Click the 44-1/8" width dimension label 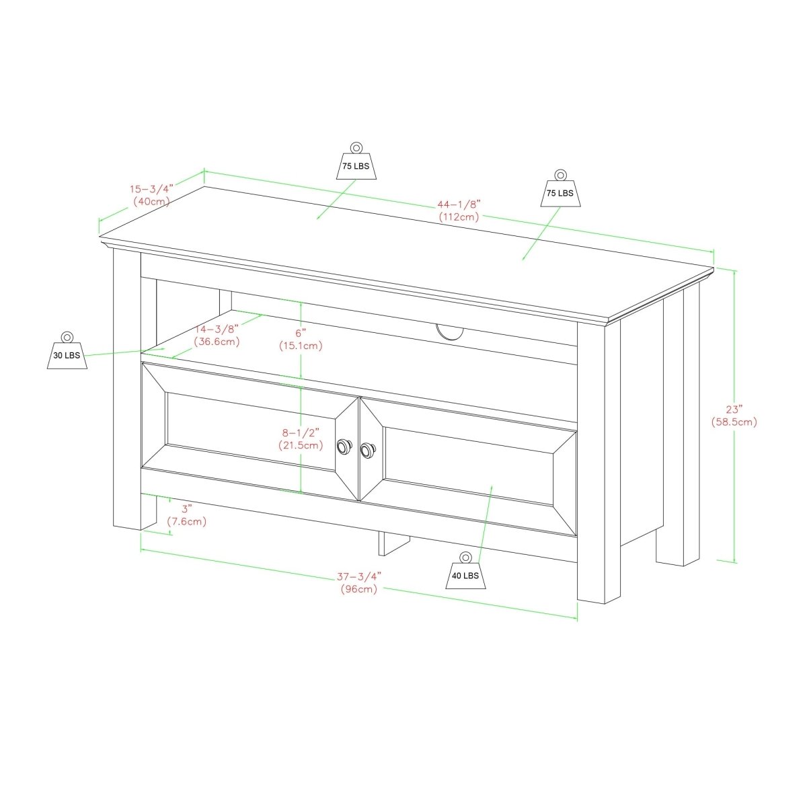[x=460, y=204]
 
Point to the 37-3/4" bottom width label [x=359, y=576]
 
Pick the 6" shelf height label [x=301, y=333]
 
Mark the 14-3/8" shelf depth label [x=217, y=330]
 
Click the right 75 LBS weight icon [x=560, y=188]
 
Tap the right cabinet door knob [x=368, y=447]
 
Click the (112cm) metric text [x=459, y=217]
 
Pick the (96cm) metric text [x=359, y=589]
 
